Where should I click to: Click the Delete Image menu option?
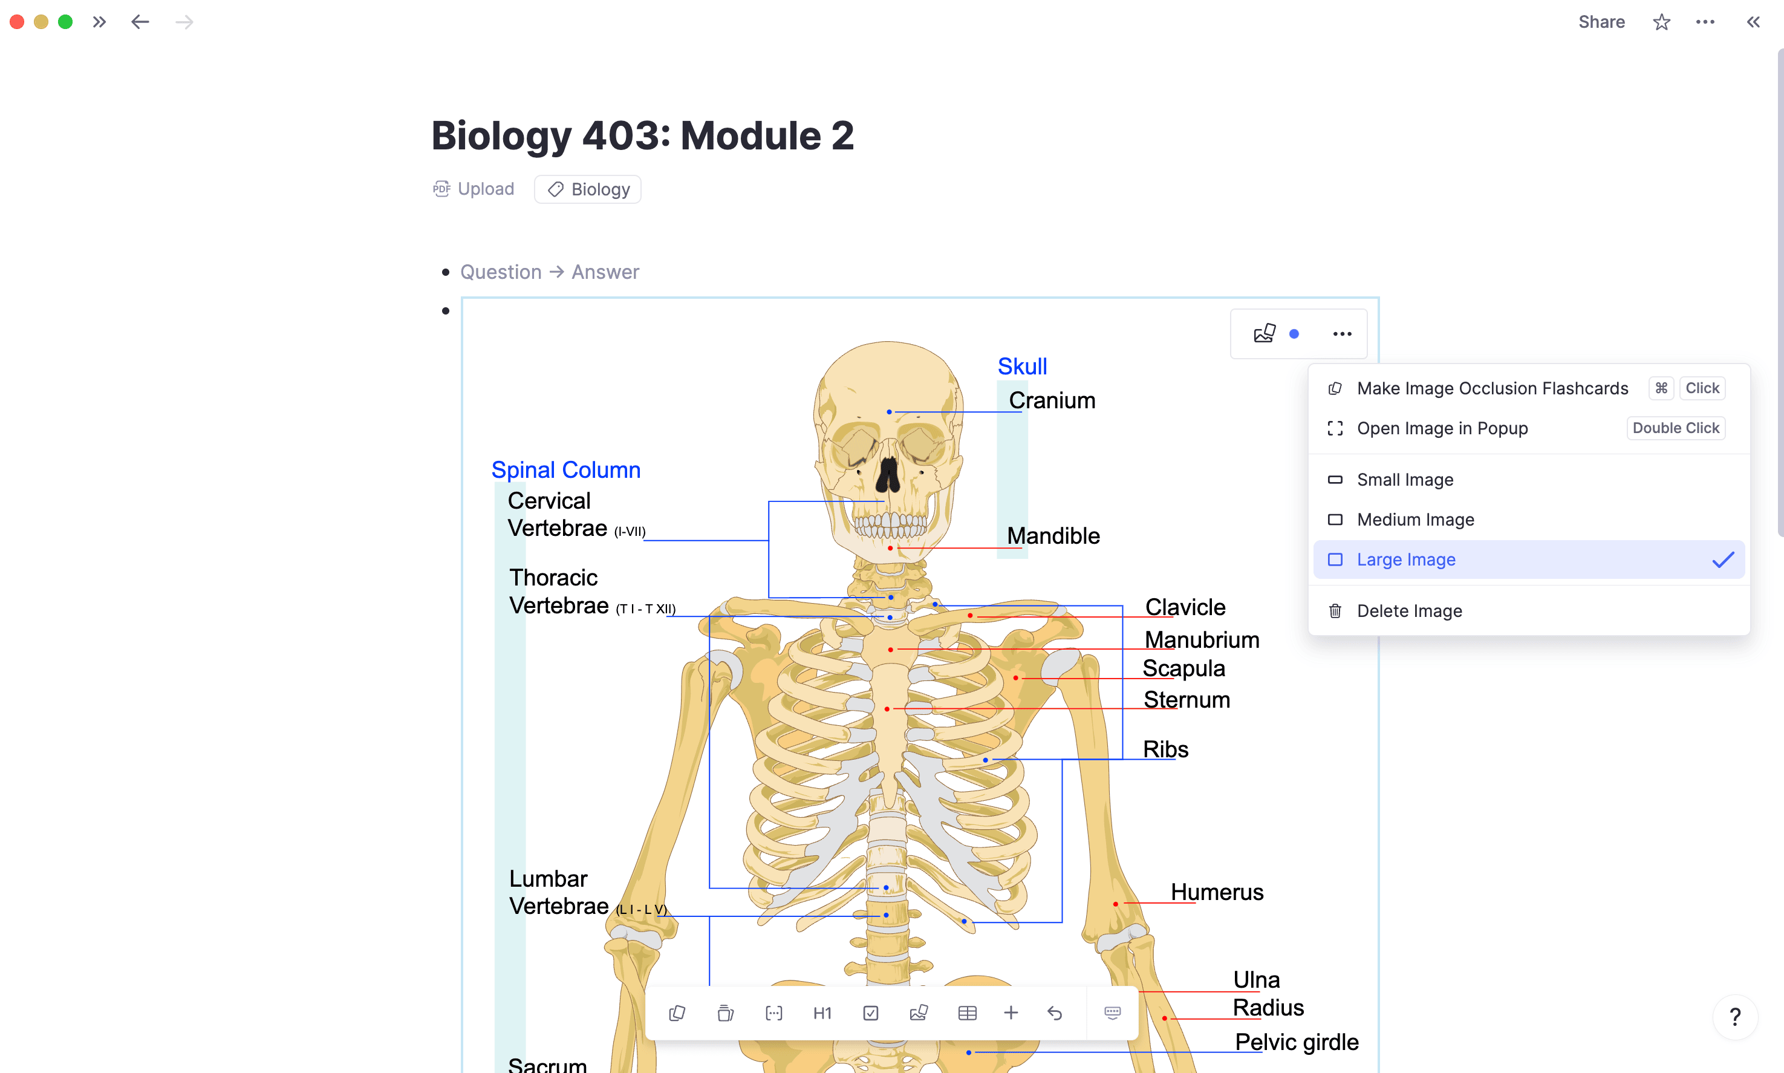(1409, 611)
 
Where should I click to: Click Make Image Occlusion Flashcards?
(1492, 388)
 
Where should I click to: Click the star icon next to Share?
(1661, 22)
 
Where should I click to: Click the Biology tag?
(588, 189)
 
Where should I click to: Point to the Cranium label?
(1052, 400)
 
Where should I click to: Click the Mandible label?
(1053, 536)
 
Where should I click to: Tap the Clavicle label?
(1185, 607)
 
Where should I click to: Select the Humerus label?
(1217, 892)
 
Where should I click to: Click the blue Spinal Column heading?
(566, 470)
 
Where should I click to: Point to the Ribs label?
(1165, 749)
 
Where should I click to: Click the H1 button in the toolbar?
(822, 1013)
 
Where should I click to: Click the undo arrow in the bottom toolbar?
(1055, 1013)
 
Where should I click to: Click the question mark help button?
(1734, 1017)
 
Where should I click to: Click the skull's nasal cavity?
(888, 474)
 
